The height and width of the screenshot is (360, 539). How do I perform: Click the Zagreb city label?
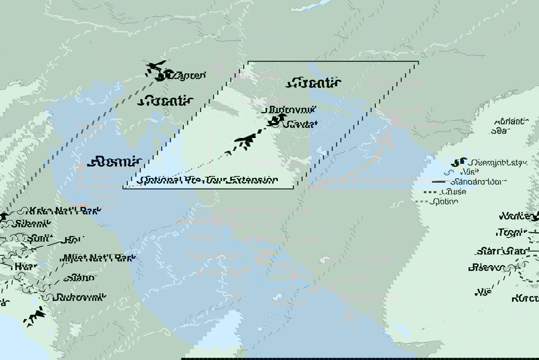(x=189, y=76)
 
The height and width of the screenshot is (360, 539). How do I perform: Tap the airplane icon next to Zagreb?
(x=155, y=67)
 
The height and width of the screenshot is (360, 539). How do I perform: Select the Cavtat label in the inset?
(x=301, y=124)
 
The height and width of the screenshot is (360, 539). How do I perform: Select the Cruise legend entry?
(x=453, y=192)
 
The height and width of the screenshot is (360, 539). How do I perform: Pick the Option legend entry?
(x=444, y=202)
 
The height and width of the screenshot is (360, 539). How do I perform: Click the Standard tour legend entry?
(x=466, y=182)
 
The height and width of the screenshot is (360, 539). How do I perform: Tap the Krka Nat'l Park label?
(x=59, y=211)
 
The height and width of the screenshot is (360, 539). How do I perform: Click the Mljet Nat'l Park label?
(x=98, y=258)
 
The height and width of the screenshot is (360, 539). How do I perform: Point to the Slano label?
(x=79, y=278)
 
